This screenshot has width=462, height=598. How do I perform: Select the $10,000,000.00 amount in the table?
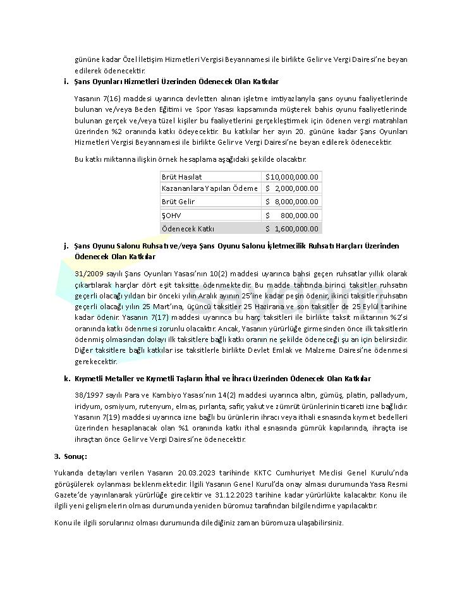click(x=292, y=177)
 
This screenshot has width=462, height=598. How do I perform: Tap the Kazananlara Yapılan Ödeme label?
click(x=209, y=188)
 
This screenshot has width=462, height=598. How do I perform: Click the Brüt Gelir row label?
click(x=178, y=202)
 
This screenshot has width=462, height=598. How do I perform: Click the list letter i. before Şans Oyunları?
click(x=66, y=82)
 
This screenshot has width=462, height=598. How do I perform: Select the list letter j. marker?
click(x=66, y=245)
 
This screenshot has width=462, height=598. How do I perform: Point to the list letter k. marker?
click(x=66, y=379)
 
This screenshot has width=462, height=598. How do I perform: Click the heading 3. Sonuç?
click(x=70, y=456)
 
